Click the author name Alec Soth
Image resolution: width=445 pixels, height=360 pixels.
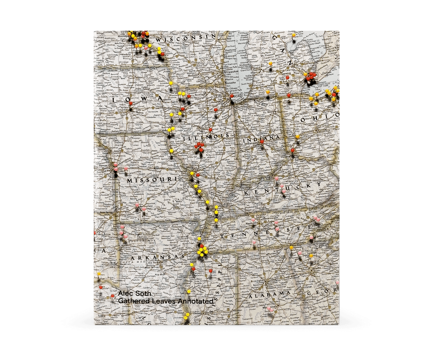coord(135,294)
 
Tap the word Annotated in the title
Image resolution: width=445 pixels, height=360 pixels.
coord(196,301)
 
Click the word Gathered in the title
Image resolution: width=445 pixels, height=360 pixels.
coord(130,301)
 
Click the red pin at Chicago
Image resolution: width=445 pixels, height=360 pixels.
coord(232,96)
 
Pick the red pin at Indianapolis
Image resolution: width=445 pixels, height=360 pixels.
coord(262,142)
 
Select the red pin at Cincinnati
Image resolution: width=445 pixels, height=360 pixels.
coord(292,150)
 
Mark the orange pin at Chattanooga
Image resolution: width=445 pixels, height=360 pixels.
coord(291,248)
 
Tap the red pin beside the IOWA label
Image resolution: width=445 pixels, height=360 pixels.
coord(131,103)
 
